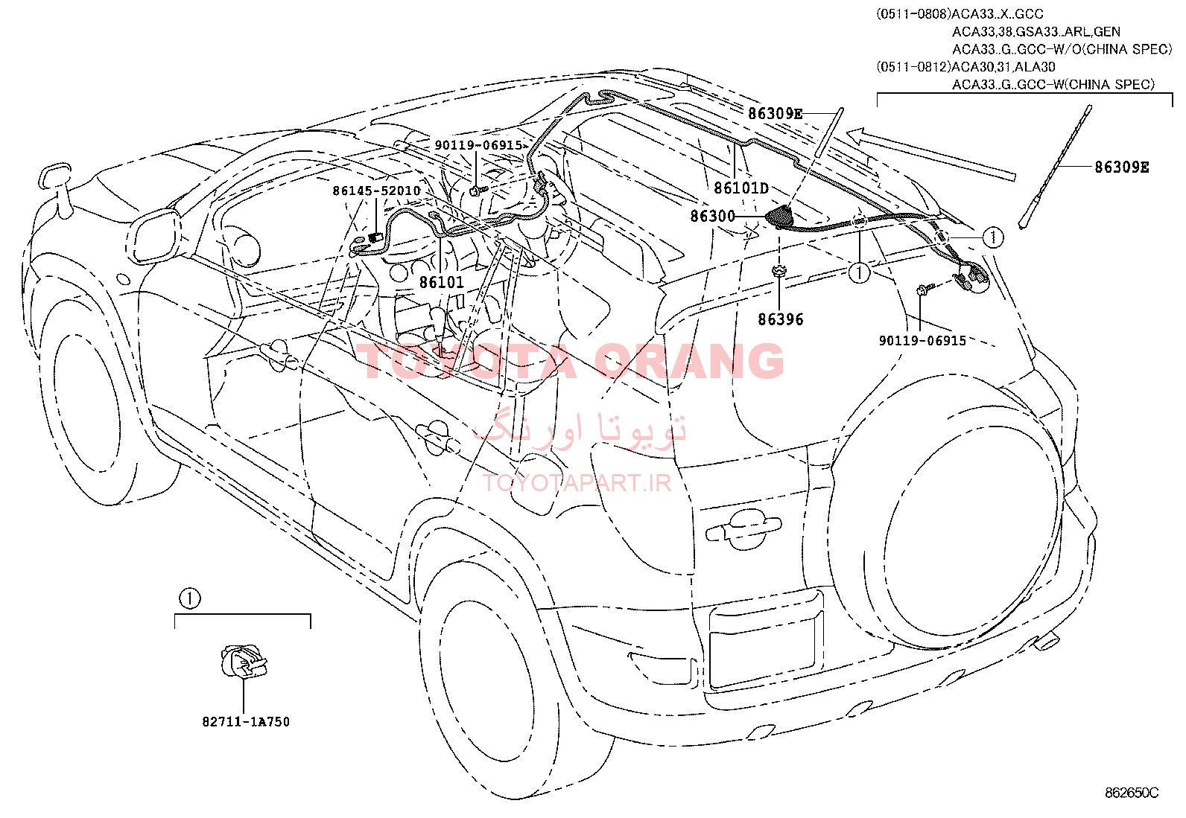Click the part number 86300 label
(713, 216)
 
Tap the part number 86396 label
(781, 319)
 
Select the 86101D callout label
(741, 188)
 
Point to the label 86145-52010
(376, 191)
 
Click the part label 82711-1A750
(246, 722)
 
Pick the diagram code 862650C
(1132, 793)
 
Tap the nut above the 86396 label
(779, 271)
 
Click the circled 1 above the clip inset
(189, 599)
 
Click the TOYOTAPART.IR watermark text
(577, 483)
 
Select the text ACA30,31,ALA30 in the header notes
(1003, 67)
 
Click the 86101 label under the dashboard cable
(442, 282)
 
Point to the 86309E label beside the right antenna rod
(1122, 167)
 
